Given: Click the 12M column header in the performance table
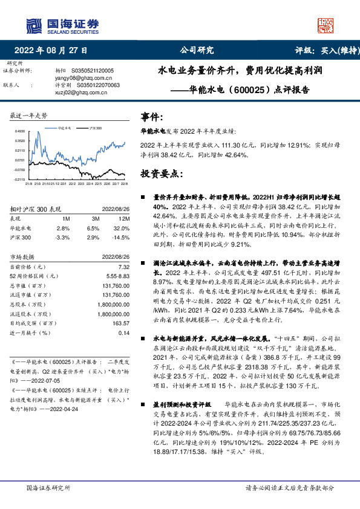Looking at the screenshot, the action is (x=125, y=218).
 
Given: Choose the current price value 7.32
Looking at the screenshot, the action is (x=124, y=267).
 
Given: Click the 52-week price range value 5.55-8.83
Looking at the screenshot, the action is (x=117, y=276).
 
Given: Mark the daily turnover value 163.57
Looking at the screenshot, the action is (x=121, y=323).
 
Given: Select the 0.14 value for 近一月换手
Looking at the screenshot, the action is (x=124, y=333).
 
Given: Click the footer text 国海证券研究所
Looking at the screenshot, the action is (x=48, y=487).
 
